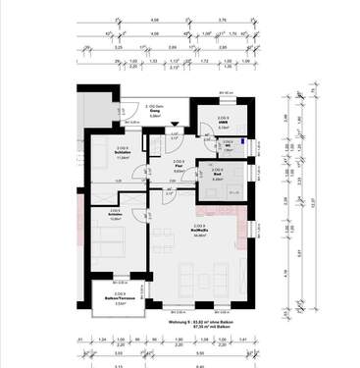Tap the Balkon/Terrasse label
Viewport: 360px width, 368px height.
119,299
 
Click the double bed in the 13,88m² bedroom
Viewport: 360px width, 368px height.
107,241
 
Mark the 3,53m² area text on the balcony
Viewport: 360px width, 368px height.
119,304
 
